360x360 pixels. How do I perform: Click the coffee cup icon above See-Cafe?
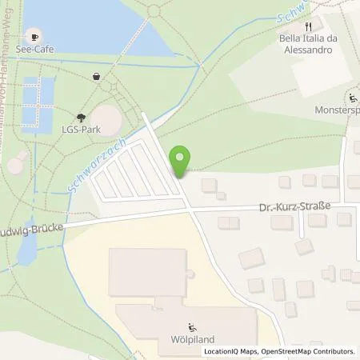point(34,36)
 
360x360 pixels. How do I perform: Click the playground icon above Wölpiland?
point(190,326)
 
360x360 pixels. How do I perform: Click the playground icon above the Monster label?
point(353,99)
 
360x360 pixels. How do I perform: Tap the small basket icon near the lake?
point(97,76)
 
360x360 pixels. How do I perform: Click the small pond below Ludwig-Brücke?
point(25,253)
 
